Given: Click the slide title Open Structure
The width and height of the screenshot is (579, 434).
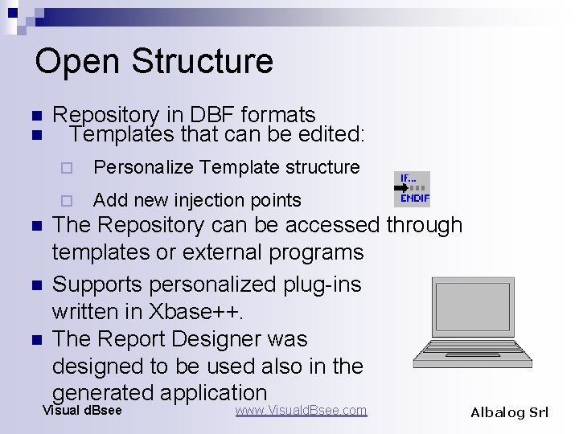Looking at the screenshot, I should (x=154, y=61).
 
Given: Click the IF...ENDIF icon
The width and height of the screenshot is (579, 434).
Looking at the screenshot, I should (x=412, y=189).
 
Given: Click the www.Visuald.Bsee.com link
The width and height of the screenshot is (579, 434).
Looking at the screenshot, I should (x=301, y=411).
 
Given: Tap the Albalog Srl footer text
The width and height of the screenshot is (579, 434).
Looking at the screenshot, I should (x=509, y=412).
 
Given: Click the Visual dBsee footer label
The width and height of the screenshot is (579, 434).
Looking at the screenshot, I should (x=82, y=411).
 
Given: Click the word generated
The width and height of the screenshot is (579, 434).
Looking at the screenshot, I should (x=102, y=392).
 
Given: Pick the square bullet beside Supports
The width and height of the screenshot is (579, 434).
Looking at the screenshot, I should (x=35, y=285).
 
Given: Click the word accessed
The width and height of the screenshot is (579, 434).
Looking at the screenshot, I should (x=322, y=225).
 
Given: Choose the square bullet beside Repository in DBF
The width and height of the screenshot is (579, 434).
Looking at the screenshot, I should (x=35, y=116).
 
